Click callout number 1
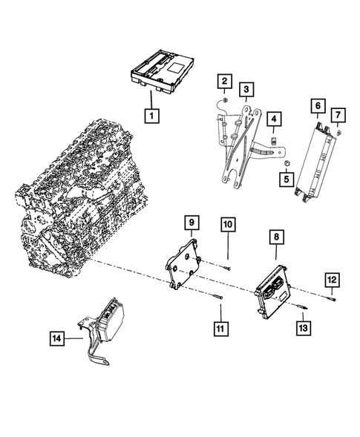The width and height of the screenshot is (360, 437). [x=152, y=116]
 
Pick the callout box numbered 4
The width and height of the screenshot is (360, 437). [x=274, y=119]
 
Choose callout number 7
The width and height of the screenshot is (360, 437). [x=338, y=115]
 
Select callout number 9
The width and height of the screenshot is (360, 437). [x=191, y=223]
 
